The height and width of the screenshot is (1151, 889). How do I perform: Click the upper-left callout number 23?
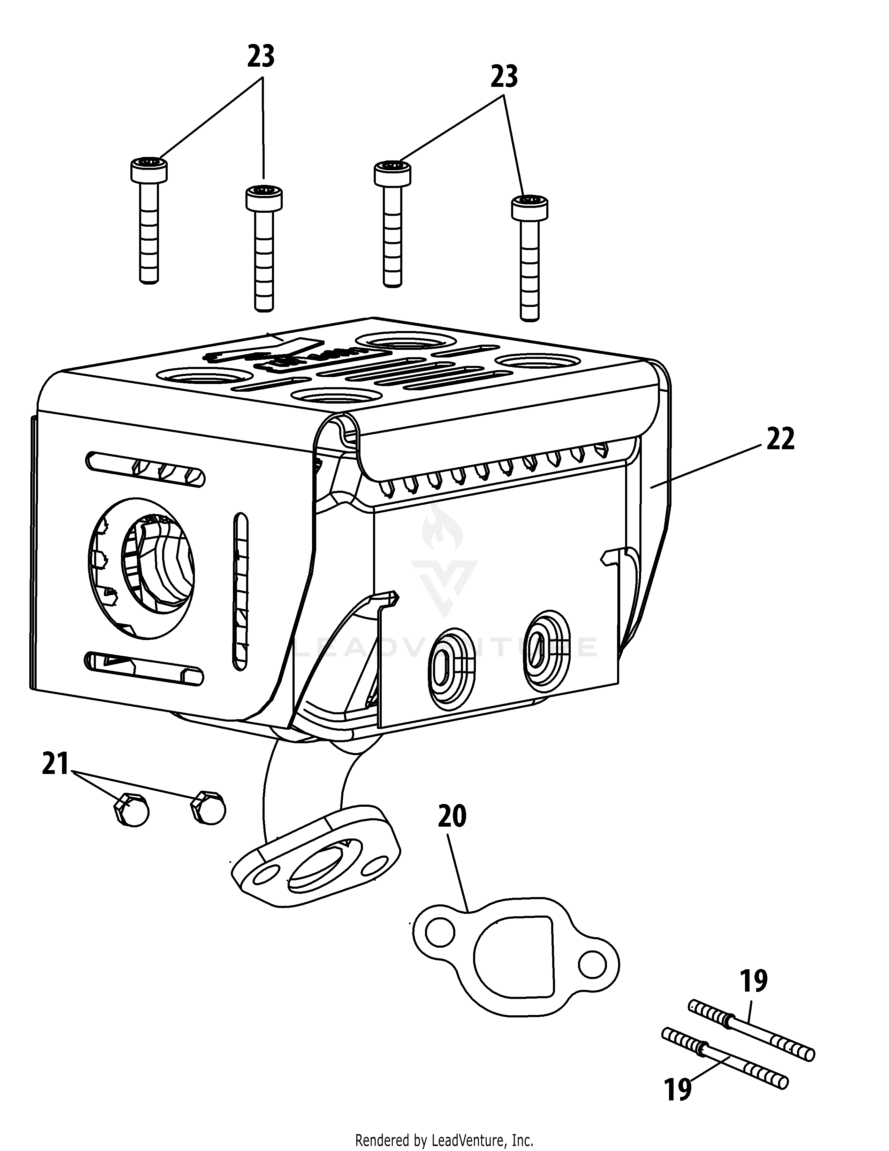[261, 57]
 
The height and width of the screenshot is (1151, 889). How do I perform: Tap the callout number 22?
[780, 439]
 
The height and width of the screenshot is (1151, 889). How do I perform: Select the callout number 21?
[55, 764]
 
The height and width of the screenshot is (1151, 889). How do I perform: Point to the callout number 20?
[452, 817]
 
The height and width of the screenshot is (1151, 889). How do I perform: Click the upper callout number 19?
[753, 981]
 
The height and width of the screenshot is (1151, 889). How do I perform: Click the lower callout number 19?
[678, 1089]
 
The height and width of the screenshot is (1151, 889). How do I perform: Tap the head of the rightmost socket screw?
[529, 208]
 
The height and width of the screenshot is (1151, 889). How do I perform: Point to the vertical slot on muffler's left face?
[240, 591]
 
